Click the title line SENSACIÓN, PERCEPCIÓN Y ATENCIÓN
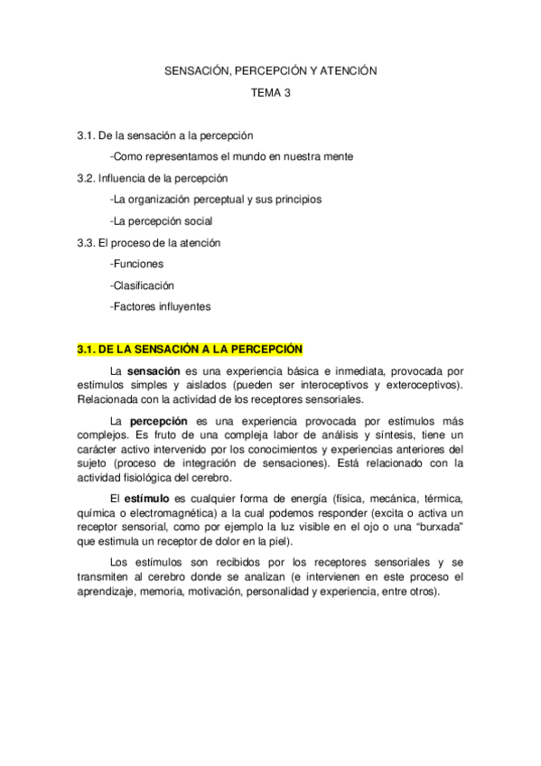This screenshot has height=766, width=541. (270, 70)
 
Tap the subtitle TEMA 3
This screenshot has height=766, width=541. (270, 91)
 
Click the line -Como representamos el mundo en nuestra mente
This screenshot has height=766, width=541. (230, 156)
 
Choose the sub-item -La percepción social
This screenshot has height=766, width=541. (162, 220)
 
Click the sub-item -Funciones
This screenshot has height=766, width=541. (136, 264)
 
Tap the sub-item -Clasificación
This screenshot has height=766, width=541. (142, 285)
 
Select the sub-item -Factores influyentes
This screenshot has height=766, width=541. (160, 307)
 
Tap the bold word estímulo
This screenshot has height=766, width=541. (147, 499)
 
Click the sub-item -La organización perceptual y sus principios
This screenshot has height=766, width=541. (214, 199)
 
